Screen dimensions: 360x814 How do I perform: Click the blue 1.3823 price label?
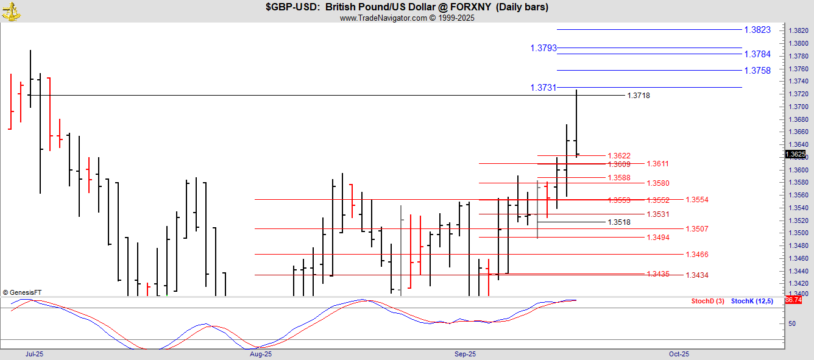click(757, 30)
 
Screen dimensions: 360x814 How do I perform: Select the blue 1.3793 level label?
click(543, 48)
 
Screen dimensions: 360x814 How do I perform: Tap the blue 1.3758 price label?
click(757, 71)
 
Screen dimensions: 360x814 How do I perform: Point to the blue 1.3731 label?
click(543, 88)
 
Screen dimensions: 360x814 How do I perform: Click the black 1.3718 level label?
click(638, 96)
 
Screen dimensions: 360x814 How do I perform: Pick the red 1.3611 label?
click(657, 164)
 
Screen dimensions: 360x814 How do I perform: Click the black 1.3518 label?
click(618, 222)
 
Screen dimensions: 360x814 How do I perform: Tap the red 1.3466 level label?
click(696, 255)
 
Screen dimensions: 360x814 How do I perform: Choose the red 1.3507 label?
click(696, 229)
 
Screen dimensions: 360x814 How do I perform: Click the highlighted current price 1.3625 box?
click(796, 154)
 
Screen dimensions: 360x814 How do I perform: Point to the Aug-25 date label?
click(260, 353)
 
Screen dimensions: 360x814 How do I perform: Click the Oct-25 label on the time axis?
click(679, 353)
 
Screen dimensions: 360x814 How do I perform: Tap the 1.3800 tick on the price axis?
click(798, 43)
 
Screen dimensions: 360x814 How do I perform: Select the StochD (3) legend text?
click(707, 301)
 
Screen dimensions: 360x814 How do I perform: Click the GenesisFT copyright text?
click(22, 293)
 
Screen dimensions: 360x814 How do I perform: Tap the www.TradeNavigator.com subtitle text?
click(406, 18)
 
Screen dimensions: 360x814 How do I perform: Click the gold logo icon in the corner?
click(10, 10)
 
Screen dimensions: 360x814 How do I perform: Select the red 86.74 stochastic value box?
click(793, 300)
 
